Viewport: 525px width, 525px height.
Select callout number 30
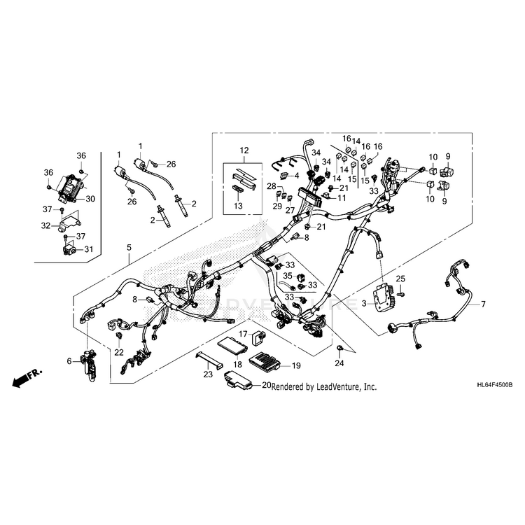91,199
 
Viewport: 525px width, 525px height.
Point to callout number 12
244,150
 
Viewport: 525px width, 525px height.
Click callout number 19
296,365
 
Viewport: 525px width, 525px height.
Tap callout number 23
208,375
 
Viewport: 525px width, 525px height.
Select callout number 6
69,361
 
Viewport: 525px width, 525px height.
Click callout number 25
401,279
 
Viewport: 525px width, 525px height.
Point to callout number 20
267,385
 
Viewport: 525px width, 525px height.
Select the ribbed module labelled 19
266,365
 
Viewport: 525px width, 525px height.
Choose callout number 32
46,225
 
